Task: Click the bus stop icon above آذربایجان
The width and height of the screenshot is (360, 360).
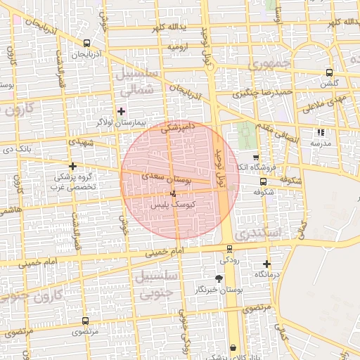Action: (86, 43)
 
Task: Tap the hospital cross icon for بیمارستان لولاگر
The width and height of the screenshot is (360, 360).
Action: (122, 110)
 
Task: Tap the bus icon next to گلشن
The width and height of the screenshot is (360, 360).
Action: (330, 72)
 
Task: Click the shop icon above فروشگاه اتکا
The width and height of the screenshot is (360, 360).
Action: (255, 157)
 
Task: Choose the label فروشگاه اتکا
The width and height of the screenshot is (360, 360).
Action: (254, 167)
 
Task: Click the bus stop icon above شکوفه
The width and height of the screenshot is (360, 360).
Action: (263, 181)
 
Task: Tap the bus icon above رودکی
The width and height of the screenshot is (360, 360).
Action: (229, 248)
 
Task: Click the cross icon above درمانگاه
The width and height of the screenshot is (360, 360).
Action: (266, 264)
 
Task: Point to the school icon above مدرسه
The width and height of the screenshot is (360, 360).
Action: (321, 131)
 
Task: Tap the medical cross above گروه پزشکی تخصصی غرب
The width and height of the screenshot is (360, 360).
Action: (72, 167)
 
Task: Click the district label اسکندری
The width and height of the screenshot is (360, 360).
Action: (259, 232)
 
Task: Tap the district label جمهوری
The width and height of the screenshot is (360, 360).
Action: (269, 64)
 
